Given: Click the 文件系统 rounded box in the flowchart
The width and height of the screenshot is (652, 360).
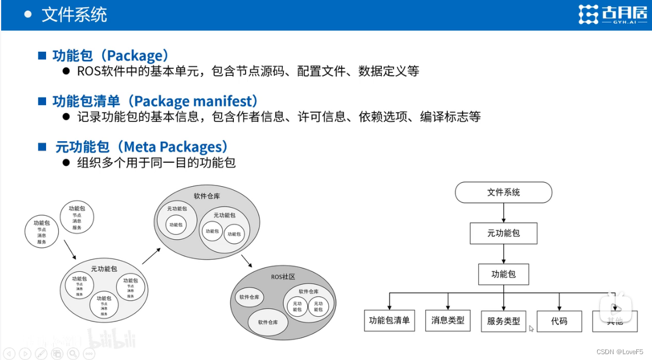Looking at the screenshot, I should click(x=503, y=193).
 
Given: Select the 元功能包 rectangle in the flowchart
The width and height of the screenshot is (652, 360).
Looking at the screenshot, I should click(x=503, y=233).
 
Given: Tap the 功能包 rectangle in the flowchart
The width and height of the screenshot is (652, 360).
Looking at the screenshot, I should click(x=503, y=274).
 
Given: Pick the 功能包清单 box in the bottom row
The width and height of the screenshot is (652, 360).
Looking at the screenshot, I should click(x=389, y=320).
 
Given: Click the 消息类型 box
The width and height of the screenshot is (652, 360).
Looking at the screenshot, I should click(x=448, y=320).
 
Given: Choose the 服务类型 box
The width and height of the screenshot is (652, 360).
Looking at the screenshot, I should click(x=503, y=321).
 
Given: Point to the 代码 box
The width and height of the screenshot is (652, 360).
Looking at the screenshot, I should click(x=559, y=321).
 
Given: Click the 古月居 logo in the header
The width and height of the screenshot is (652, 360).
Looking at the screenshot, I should click(x=612, y=15).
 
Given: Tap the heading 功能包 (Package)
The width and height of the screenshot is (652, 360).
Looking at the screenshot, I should click(x=111, y=56).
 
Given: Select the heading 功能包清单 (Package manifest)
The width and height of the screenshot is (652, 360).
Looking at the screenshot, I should click(x=155, y=102).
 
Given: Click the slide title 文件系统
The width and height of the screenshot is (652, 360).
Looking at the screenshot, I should click(x=74, y=15).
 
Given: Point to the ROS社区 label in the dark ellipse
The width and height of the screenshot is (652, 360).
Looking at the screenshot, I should click(x=283, y=277).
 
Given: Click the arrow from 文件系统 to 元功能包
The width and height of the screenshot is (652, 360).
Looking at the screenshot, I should click(x=503, y=213).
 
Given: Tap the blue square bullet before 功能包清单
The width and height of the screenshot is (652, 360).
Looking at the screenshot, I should click(x=42, y=102).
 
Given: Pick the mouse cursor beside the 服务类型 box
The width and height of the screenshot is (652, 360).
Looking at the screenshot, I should click(x=531, y=329).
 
